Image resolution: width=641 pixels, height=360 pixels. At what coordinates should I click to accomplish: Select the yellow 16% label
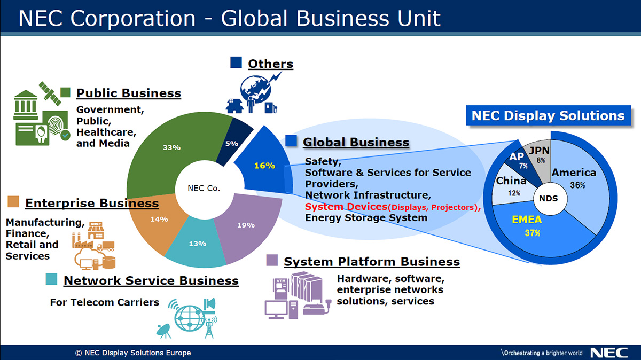tap(264, 166)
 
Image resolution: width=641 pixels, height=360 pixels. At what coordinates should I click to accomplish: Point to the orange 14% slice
tap(158, 221)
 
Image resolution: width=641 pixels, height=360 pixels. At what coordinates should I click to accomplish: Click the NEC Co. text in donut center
tap(204, 189)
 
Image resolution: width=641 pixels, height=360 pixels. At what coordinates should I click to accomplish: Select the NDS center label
tap(548, 198)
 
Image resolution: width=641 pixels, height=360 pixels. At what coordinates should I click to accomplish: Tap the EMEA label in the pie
tap(527, 220)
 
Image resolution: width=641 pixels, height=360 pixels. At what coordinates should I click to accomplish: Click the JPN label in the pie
tap(539, 151)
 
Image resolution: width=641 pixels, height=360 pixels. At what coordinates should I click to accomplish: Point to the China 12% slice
tap(512, 186)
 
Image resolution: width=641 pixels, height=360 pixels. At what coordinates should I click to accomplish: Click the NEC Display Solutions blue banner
tap(548, 115)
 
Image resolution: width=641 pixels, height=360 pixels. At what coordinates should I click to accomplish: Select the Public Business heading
tap(129, 93)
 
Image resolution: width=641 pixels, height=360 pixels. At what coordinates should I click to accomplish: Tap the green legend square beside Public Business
tap(65, 92)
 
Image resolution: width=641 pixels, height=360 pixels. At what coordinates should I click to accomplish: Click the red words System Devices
tap(346, 207)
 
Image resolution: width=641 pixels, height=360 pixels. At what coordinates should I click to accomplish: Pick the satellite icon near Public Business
tap(50, 93)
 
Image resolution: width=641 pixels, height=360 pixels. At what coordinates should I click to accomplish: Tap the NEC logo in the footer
tap(609, 353)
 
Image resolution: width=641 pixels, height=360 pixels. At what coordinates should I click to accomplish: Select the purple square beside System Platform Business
tap(272, 260)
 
